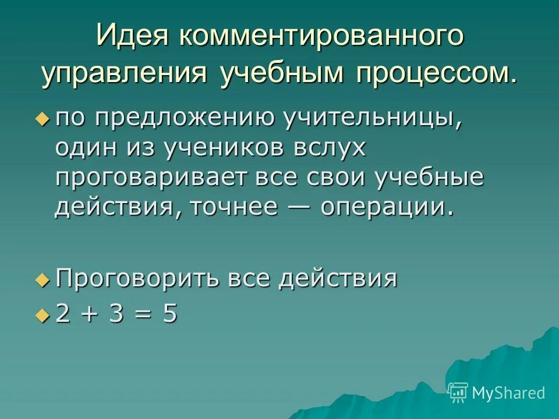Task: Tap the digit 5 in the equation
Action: pos(170,315)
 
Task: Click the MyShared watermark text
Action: pos(508,393)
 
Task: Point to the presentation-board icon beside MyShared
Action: pos(458,392)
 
